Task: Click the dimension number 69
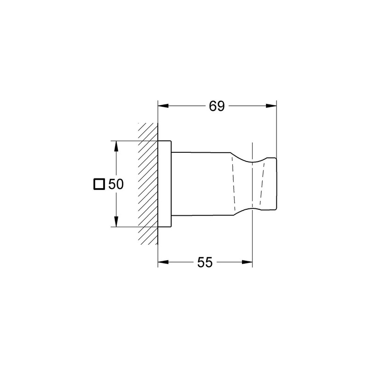point(217,106)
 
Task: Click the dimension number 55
point(205,263)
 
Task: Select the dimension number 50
point(115,184)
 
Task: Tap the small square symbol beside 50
point(98,184)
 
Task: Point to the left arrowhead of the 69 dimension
point(162,106)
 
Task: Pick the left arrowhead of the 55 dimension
point(162,263)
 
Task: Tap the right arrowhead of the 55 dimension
point(249,263)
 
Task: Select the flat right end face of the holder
point(276,184)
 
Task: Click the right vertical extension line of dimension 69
point(276,129)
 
